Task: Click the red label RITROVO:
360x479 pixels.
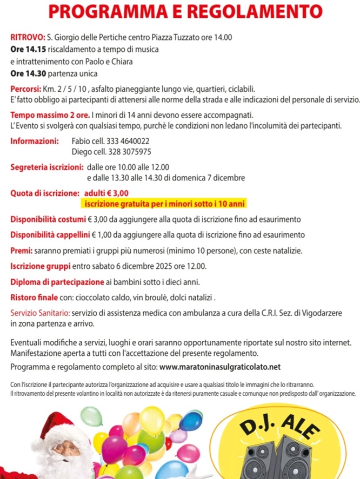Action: [28, 38]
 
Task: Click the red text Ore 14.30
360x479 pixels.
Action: [29, 73]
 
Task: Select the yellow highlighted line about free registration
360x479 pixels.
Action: [163, 204]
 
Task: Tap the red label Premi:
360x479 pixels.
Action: [21, 251]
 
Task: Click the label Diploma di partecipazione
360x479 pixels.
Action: [57, 282]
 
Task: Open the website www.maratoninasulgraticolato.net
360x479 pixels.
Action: [221, 367]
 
